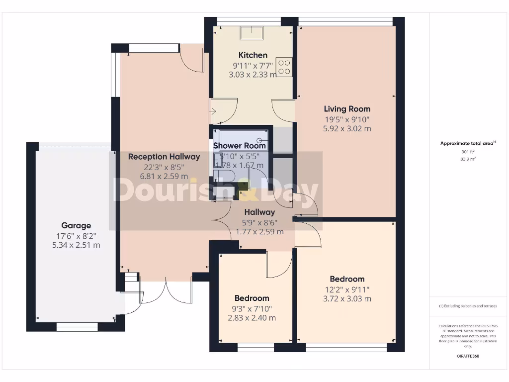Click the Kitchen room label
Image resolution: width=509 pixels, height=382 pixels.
coord(253,55)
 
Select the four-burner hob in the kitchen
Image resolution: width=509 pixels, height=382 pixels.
coord(284,67)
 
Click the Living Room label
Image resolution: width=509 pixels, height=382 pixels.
coord(347,109)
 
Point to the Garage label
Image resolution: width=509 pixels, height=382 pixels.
coord(76,225)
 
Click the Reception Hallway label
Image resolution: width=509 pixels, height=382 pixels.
coord(164,157)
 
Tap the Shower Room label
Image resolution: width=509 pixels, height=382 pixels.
coord(240,146)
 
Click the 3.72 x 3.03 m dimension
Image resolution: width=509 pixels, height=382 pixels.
coord(347,298)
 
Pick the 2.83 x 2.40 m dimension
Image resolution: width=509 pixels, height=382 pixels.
coord(252,318)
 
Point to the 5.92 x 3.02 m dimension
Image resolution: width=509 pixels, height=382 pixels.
coord(347,128)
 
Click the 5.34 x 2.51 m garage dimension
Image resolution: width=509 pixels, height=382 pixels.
coord(76,245)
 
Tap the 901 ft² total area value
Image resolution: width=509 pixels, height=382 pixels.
coord(468,152)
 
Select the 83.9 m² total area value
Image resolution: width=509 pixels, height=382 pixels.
coord(468,159)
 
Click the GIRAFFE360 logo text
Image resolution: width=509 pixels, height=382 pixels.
coord(468,356)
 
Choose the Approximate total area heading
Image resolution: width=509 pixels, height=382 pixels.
coord(467,143)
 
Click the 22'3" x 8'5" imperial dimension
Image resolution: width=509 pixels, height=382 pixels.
coord(164,167)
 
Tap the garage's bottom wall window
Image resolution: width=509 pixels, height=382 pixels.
coord(77,327)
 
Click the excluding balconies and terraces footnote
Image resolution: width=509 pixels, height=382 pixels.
coord(468,306)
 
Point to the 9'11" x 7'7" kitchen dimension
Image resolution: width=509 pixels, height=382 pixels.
coord(253,65)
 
